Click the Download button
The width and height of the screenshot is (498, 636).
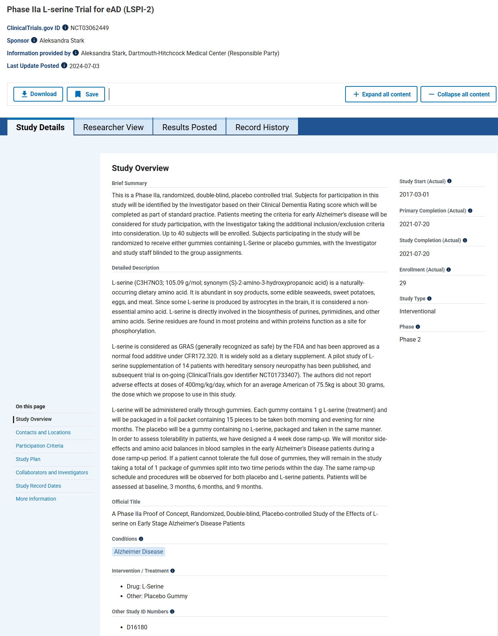(38, 94)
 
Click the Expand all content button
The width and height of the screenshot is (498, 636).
(381, 94)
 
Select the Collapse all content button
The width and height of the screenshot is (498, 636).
(459, 94)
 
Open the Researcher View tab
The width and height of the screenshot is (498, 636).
(113, 127)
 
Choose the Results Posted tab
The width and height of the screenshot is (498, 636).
(189, 127)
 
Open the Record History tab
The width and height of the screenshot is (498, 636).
(262, 127)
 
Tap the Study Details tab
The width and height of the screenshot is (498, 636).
(40, 127)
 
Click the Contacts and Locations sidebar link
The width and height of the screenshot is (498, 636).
(43, 432)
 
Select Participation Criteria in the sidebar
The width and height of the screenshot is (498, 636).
(39, 446)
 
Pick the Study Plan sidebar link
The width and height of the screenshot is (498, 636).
(28, 459)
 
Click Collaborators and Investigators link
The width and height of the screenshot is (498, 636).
(52, 472)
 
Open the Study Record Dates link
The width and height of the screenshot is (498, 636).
(38, 486)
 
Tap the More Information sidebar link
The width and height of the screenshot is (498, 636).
(36, 499)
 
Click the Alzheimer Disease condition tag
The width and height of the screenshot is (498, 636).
(138, 551)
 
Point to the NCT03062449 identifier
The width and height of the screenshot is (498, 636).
(89, 28)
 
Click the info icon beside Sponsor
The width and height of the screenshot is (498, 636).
(34, 40)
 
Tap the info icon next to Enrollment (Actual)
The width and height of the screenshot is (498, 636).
(449, 270)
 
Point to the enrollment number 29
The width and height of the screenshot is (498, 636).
(403, 283)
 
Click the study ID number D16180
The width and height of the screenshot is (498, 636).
(137, 627)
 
